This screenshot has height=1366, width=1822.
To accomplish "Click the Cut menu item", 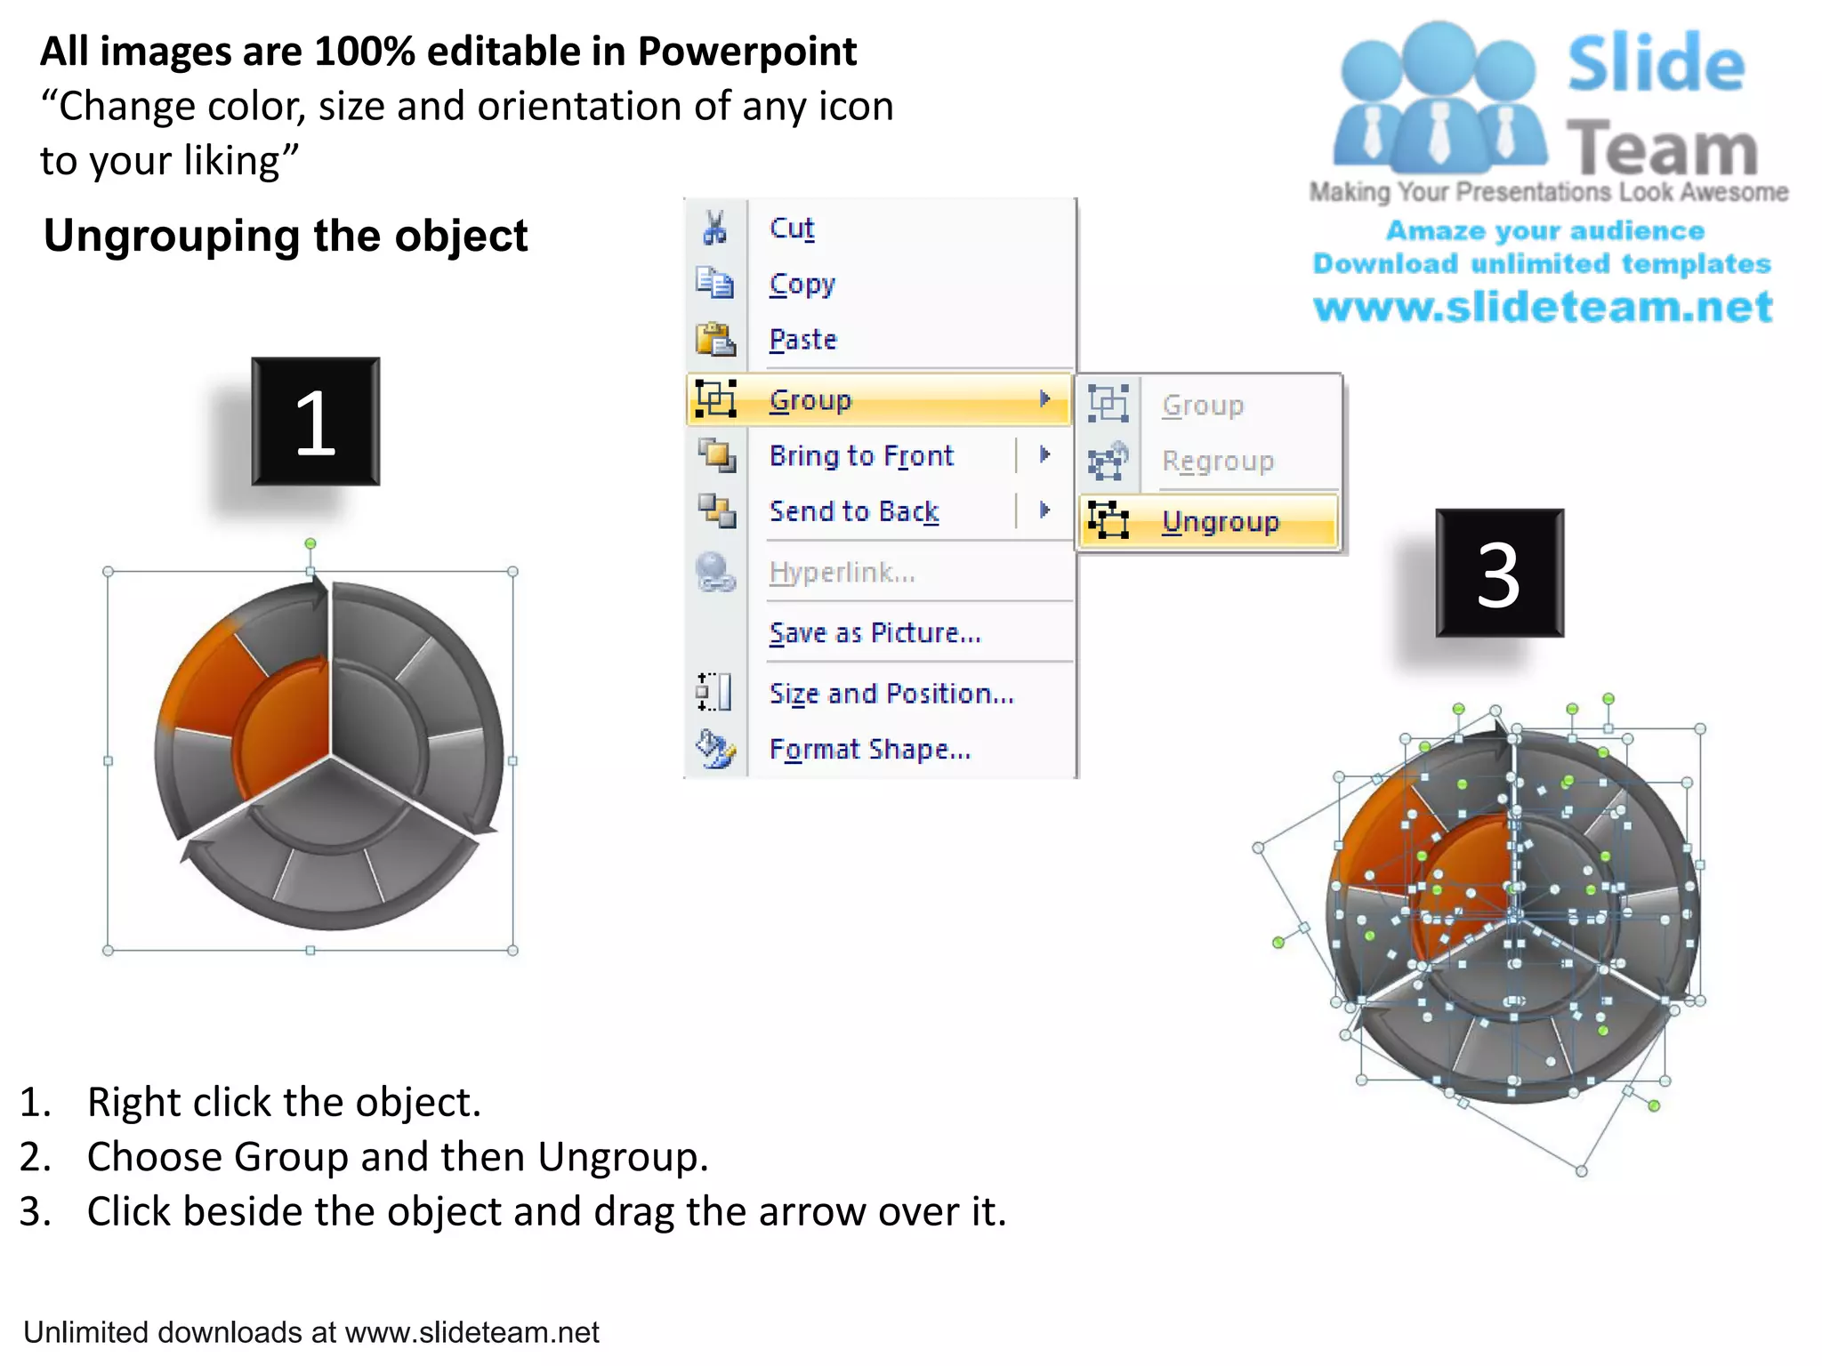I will click(791, 229).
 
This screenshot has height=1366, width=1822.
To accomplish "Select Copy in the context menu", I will click(802, 285).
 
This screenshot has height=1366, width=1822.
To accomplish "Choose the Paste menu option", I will click(802, 340).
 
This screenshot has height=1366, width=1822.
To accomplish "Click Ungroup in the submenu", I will click(1220, 522).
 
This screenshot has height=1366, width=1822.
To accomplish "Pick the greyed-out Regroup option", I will click(1217, 462).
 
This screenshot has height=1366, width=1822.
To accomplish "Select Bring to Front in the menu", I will click(860, 456).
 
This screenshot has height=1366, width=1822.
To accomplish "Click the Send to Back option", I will click(853, 511).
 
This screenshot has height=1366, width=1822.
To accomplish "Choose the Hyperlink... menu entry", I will click(842, 573).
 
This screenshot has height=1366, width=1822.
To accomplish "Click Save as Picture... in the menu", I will click(875, 633).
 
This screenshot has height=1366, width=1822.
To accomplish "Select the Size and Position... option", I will click(891, 694).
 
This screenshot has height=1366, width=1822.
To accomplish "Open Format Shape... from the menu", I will click(869, 750).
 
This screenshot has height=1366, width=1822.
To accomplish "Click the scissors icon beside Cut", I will click(714, 228).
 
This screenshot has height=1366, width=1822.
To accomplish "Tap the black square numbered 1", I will click(315, 422).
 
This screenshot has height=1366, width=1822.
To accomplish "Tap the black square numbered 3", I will click(1499, 574).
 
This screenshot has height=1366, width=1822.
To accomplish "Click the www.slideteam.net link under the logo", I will click(1543, 307).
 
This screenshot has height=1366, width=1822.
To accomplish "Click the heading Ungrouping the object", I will click(286, 237).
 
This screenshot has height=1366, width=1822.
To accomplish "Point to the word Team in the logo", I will click(1661, 149).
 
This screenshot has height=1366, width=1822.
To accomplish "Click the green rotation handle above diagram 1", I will click(310, 543).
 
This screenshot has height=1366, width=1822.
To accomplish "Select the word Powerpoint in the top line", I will click(747, 52).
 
